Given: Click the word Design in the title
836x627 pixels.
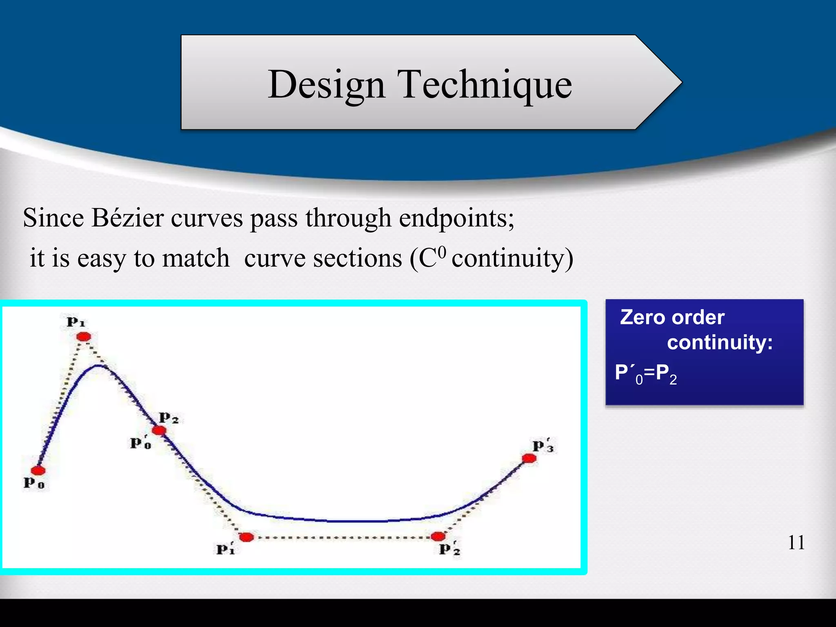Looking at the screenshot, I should (x=327, y=84).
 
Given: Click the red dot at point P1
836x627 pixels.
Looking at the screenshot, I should (x=84, y=337).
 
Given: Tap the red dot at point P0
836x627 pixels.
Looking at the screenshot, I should (x=38, y=471).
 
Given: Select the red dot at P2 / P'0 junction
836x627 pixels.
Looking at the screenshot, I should (x=159, y=430).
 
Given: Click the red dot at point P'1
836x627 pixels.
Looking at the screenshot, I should (x=246, y=537).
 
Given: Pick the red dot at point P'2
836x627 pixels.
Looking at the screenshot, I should (x=438, y=536).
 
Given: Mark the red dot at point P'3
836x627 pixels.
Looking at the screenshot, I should (x=529, y=458).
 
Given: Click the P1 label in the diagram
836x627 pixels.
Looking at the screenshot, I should (x=76, y=322).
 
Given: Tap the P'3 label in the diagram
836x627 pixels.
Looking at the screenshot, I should (x=543, y=446).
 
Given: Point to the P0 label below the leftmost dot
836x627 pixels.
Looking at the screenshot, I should (x=34, y=483).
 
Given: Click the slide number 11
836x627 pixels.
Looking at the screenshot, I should (x=796, y=543).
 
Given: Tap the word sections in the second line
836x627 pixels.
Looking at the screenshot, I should (x=323, y=259).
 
